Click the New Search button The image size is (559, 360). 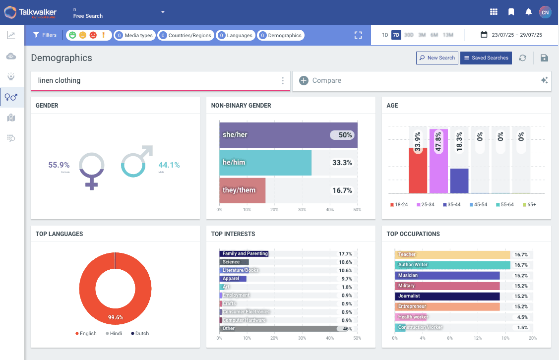pos(437,58)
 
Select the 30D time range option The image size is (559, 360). pos(409,35)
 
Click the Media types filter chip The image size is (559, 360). pos(134,36)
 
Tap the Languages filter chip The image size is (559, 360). pos(236,36)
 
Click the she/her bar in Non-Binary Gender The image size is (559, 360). pos(288,135)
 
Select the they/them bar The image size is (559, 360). pos(242,190)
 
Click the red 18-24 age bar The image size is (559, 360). pos(418,170)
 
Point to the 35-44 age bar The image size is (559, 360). pos(459,180)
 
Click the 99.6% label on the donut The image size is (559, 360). pos(116,317)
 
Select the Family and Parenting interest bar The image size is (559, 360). pos(244,254)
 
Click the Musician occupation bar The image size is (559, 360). pos(447,276)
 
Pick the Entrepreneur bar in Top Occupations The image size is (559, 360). pos(447,307)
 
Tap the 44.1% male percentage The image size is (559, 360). pos(169,165)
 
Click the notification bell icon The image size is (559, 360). pos(528,12)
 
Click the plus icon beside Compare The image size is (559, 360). pos(304,80)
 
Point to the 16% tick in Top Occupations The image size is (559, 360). pos(505,338)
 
